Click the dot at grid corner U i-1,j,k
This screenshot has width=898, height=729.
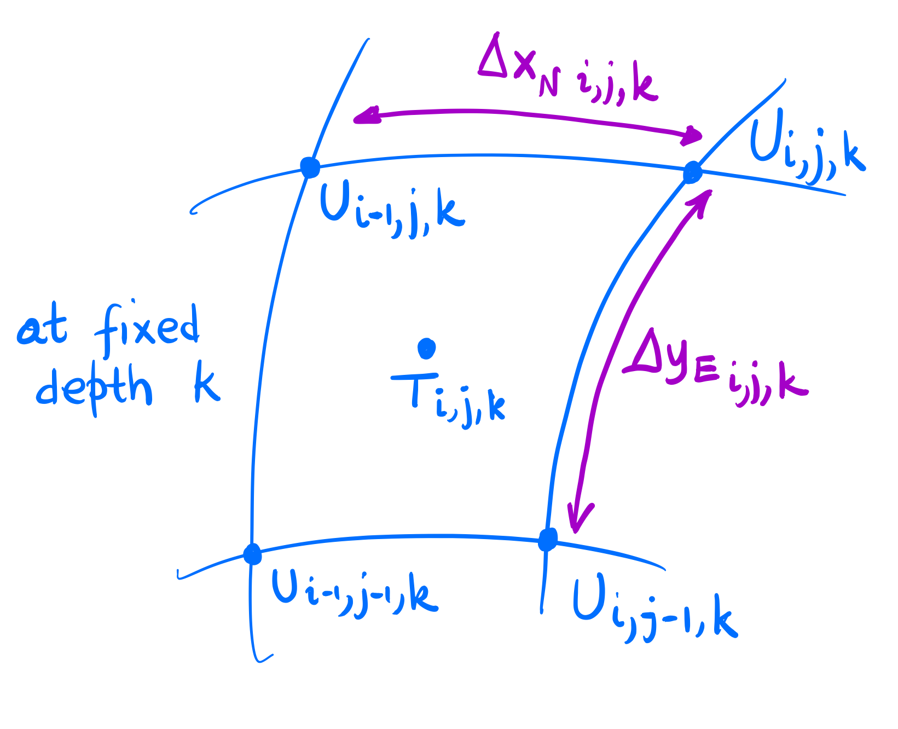[310, 167]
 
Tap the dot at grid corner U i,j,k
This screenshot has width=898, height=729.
[692, 172]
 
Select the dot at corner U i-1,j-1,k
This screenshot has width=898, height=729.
[252, 554]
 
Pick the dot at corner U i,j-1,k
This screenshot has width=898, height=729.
[547, 540]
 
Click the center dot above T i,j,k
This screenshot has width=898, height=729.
[426, 348]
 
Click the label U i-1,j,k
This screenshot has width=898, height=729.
[392, 211]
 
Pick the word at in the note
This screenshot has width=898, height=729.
[43, 329]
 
